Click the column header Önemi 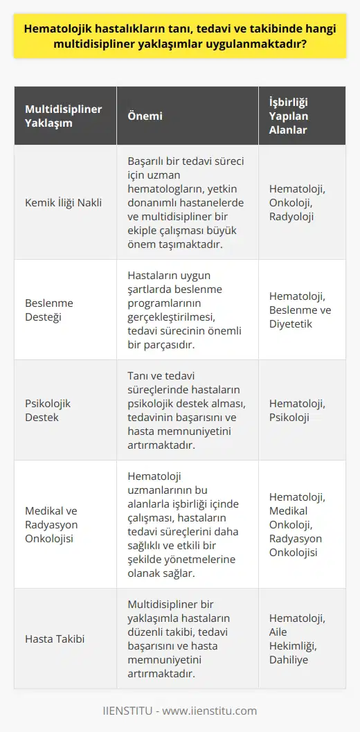click(x=143, y=116)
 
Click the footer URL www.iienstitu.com click(x=217, y=711)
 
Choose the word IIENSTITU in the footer click(x=132, y=711)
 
